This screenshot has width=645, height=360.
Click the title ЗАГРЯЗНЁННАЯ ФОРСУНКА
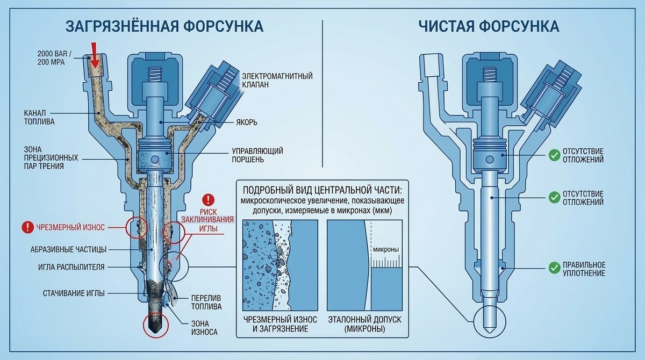tap(164, 26)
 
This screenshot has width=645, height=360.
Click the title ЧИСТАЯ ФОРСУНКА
tap(488, 26)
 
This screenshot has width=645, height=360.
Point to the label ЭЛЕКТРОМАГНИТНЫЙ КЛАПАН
tap(277, 80)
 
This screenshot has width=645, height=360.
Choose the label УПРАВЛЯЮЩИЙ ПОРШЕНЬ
tap(257, 155)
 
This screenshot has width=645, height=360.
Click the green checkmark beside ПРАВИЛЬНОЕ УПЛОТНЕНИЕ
tap(554, 267)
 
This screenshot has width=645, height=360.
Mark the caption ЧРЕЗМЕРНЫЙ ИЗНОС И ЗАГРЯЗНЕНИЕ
tap(275, 324)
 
